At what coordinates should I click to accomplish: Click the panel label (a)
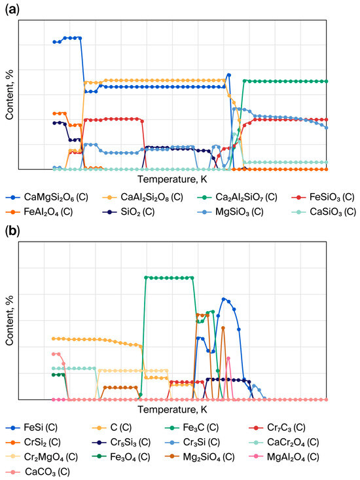pos(12,10)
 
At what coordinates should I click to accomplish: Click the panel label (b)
pos(12,231)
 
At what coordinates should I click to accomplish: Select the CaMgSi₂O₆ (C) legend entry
pos(46,197)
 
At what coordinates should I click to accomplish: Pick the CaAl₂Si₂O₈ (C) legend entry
pos(142,197)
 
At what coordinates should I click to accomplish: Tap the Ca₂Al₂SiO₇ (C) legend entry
pos(238,197)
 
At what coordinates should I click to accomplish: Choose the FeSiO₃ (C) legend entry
pos(323,197)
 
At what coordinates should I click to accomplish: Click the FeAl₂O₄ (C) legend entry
pos(39,212)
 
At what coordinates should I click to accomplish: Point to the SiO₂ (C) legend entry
pos(128,212)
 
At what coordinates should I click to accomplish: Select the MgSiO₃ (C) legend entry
pos(230,212)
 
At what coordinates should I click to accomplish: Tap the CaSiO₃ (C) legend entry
pos(324,212)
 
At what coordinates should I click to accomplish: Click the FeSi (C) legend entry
pos(31,428)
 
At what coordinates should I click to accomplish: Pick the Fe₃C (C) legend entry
pos(192,428)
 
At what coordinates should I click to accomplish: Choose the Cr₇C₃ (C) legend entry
pos(278,428)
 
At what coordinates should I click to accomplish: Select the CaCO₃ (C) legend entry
pos(37,471)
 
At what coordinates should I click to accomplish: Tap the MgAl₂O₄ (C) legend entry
pos(284,457)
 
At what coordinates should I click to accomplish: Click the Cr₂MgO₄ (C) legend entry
pos(42,457)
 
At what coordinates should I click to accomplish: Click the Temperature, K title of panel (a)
pos(172,179)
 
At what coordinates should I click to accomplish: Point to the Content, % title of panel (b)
pos(9,320)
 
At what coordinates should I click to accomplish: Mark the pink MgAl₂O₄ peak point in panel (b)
pos(228,358)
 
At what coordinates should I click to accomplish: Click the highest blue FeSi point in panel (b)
pos(223,299)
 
